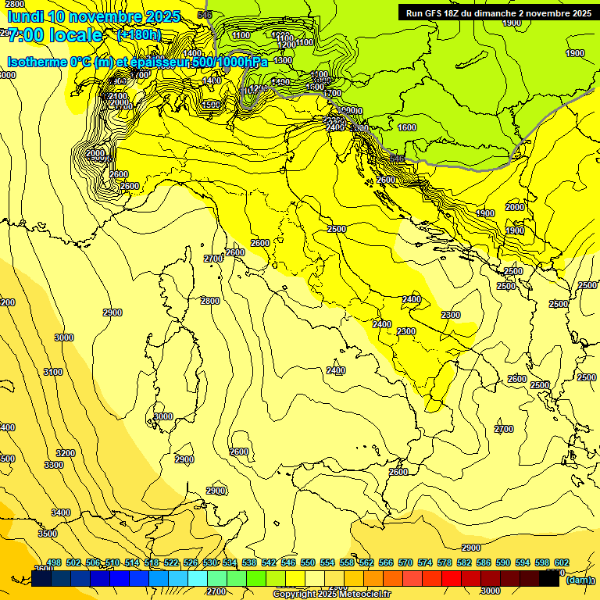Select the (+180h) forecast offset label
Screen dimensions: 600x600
[x=138, y=35]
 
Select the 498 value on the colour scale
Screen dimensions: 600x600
[x=54, y=562]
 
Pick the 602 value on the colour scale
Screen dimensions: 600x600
[x=562, y=562]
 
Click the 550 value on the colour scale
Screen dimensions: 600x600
[x=308, y=562]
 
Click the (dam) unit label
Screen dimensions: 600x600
[x=578, y=580]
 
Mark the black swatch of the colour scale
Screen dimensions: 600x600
[x=549, y=579]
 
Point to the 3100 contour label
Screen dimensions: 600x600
[x=53, y=372]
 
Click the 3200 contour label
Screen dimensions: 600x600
[x=66, y=453]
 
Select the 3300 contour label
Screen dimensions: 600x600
[x=53, y=465]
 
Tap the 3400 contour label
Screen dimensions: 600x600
[x=60, y=512]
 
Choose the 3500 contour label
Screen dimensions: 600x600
[x=48, y=534]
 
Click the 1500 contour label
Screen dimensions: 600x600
[x=211, y=105]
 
